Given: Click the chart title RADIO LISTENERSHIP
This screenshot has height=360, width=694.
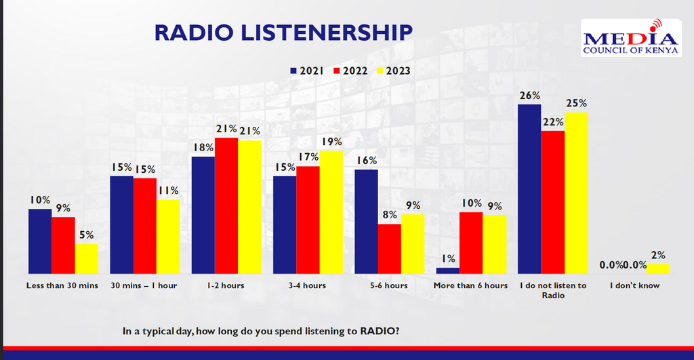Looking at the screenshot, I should [x=283, y=33].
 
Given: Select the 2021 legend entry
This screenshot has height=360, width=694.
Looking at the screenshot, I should [x=306, y=71].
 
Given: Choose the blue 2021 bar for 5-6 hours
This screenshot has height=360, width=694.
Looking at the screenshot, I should [x=366, y=221].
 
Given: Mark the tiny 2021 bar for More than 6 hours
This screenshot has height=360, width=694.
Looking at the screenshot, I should [x=447, y=270].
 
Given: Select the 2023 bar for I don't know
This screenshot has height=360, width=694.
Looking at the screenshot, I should [x=657, y=268].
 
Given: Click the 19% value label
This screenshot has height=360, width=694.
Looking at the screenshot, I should [x=332, y=142].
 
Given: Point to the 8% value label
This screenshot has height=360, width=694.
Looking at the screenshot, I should [x=389, y=215].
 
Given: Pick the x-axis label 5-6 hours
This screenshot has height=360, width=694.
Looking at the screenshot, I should [x=389, y=285].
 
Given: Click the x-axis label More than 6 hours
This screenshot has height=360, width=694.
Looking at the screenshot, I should [x=470, y=285].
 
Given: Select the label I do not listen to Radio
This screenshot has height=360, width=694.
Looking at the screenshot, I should [x=552, y=290].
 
